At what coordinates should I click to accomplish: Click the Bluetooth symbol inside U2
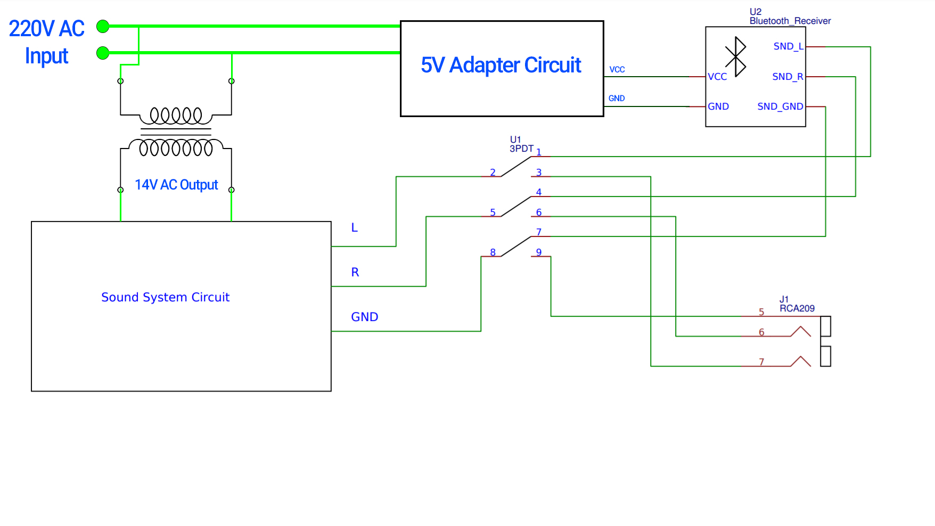[x=736, y=56]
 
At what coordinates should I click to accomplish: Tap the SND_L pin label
[x=788, y=47]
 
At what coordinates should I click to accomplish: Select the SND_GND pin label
[x=780, y=106]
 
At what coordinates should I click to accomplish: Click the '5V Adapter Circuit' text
[x=501, y=65]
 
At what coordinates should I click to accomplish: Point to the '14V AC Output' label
[x=176, y=185]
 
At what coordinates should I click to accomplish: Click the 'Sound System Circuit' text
[x=165, y=297]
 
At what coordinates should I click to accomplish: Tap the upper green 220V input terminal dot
[x=103, y=26]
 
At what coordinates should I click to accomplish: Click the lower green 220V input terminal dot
[x=103, y=53]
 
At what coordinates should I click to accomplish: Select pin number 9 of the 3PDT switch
[x=539, y=252]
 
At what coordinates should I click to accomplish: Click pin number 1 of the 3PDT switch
[x=539, y=152]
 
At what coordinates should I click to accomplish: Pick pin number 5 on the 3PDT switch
[x=493, y=212]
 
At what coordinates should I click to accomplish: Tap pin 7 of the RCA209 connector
[x=761, y=362]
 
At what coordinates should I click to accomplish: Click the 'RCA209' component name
[x=797, y=308]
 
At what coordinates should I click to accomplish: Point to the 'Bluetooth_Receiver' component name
[x=790, y=21]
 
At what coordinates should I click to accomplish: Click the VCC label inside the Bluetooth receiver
[x=717, y=77]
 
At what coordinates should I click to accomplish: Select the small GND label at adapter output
[x=617, y=98]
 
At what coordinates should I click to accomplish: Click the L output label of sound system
[x=354, y=228]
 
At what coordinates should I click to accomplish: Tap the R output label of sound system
[x=355, y=273]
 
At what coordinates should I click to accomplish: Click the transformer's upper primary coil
[x=176, y=115]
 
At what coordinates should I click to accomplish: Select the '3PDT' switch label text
[x=521, y=149]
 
